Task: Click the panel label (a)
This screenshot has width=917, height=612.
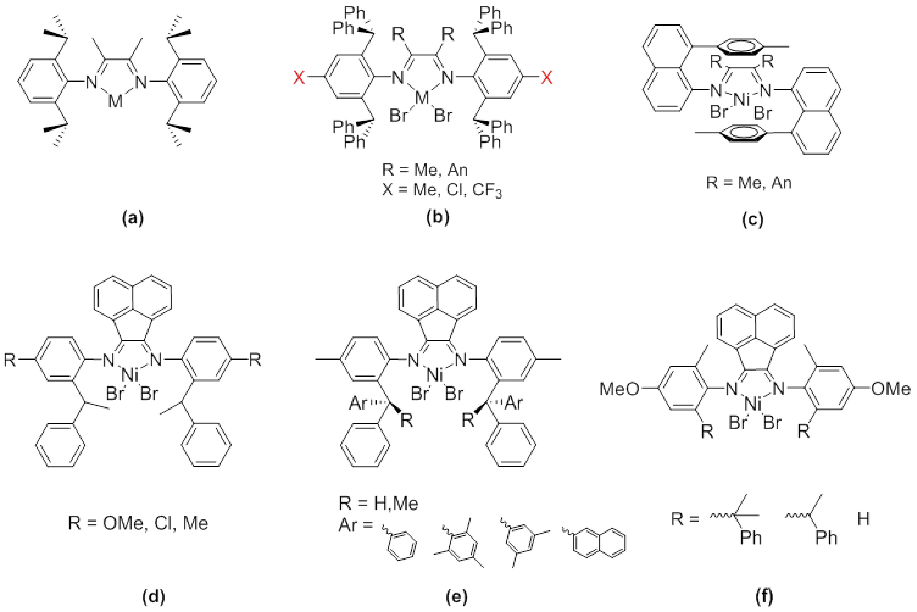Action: (133, 218)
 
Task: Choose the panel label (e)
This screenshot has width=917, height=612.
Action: (456, 596)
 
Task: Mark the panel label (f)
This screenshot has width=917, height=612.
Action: (764, 596)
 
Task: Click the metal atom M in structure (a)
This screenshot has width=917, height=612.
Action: (115, 102)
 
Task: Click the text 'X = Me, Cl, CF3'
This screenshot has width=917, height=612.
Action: (442, 191)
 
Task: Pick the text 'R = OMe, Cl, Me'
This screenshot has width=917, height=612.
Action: (138, 523)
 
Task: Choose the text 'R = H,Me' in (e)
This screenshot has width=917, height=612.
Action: (379, 504)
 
